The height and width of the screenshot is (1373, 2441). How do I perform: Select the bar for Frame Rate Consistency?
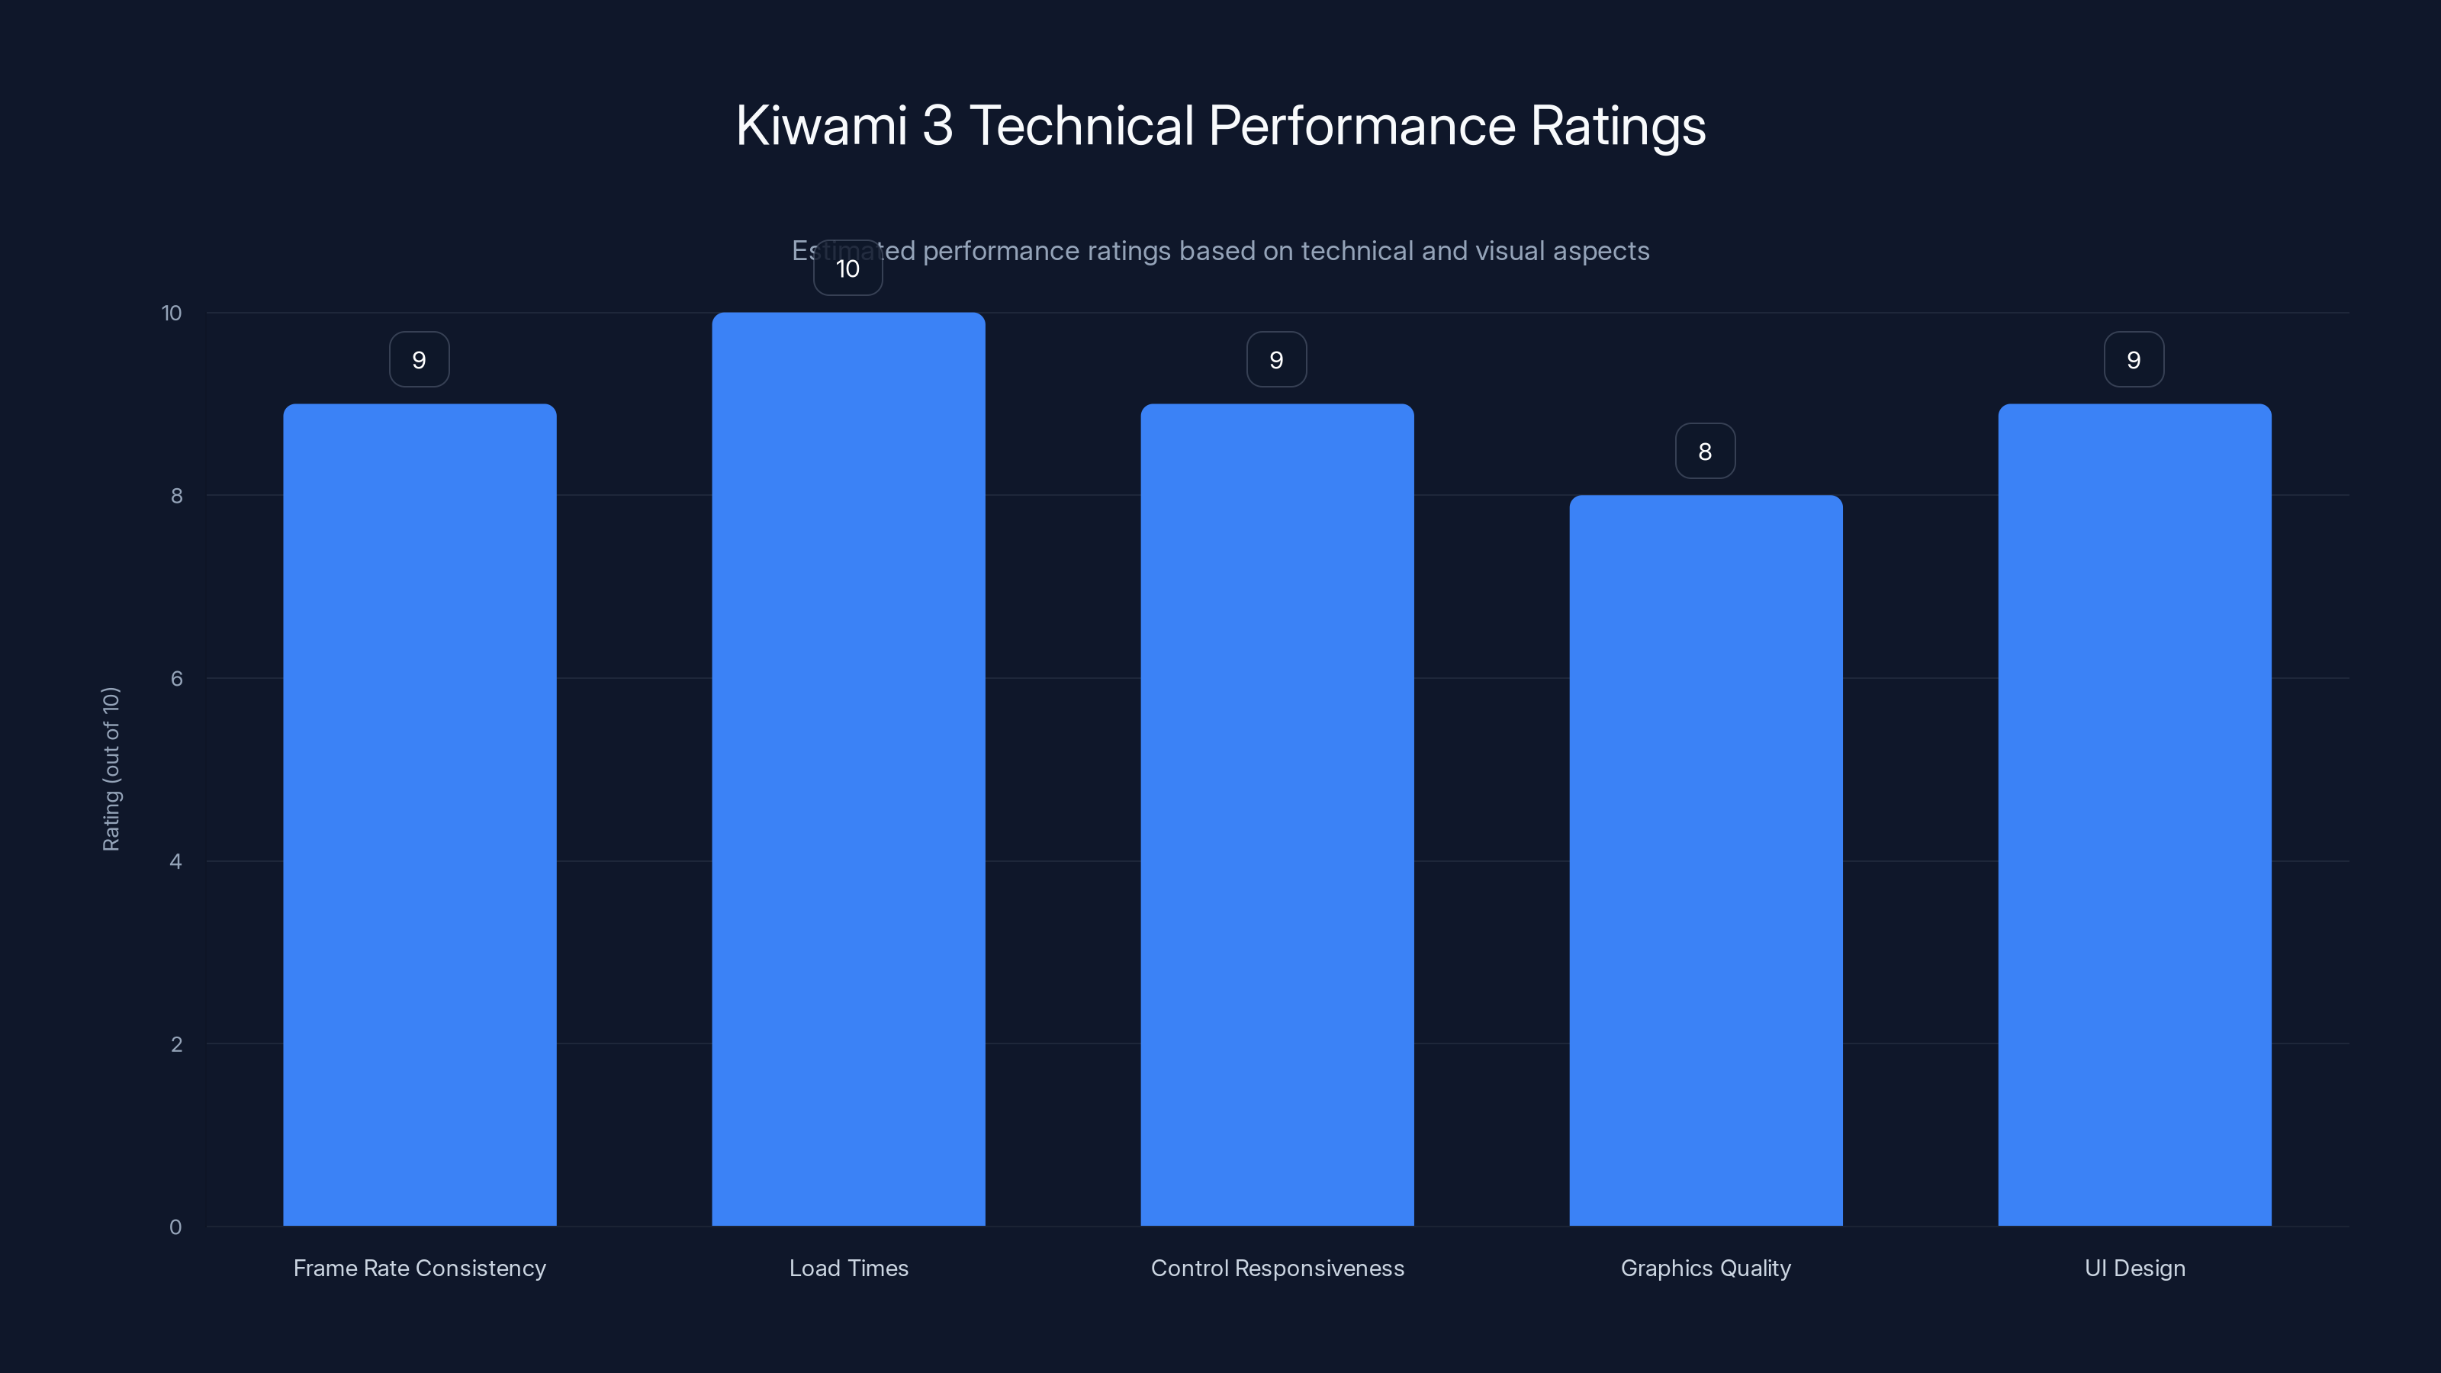(x=420, y=815)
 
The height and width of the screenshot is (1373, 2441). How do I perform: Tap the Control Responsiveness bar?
(x=1276, y=815)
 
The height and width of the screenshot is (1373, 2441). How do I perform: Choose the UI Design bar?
(x=2134, y=815)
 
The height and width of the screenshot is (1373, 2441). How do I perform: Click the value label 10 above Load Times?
(x=848, y=269)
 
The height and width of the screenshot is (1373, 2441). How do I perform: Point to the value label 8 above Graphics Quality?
(x=1705, y=452)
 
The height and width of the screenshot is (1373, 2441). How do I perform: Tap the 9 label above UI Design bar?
(x=2133, y=360)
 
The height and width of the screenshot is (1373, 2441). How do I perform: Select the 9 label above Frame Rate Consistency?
(x=419, y=360)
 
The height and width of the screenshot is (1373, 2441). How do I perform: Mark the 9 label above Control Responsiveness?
(x=1276, y=360)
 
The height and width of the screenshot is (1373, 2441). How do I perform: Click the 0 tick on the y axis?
(x=175, y=1227)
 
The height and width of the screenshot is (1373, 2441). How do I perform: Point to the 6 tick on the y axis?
(x=176, y=678)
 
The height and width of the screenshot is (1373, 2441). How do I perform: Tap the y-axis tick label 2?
(x=176, y=1044)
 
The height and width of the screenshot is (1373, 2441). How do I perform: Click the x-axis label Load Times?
(x=848, y=1268)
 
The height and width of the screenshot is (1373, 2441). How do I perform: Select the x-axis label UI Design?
(x=2134, y=1268)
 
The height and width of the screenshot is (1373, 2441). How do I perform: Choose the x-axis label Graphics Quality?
(x=1706, y=1268)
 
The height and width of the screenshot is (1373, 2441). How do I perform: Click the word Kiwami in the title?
(x=822, y=125)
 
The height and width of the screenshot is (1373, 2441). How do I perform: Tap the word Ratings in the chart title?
(x=1617, y=127)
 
